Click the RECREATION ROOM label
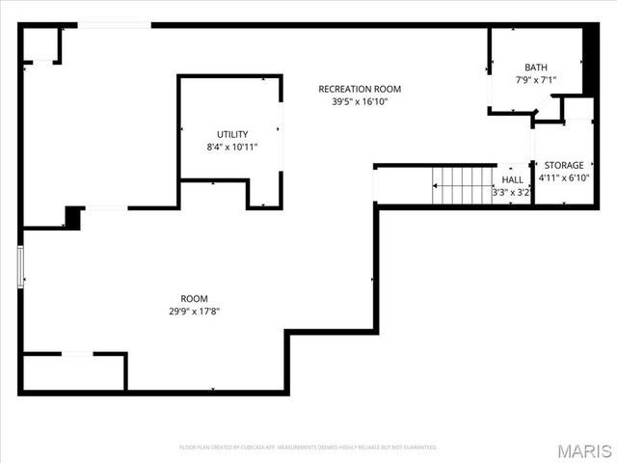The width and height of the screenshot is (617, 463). [360, 89]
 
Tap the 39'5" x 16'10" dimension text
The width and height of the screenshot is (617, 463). [360, 101]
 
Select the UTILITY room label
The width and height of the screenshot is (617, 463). [231, 134]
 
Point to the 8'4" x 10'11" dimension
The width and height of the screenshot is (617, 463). [231, 148]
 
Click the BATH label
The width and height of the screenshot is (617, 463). [535, 66]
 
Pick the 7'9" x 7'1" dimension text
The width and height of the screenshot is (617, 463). [535, 79]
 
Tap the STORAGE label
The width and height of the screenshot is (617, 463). [564, 165]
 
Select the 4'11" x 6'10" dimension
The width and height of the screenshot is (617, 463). [564, 178]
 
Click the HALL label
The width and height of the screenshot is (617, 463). [513, 179]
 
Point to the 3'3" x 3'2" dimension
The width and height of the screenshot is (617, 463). [513, 192]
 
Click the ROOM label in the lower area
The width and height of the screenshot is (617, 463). [194, 298]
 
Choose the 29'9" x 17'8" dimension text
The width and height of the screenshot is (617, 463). [194, 311]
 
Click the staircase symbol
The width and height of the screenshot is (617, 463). [463, 185]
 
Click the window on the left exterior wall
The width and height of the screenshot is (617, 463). [20, 266]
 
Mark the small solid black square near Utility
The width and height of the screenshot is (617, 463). [72, 217]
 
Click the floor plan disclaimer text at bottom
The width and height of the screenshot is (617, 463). [308, 447]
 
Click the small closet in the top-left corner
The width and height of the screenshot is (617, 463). [41, 45]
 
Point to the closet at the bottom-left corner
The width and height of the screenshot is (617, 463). [73, 372]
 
